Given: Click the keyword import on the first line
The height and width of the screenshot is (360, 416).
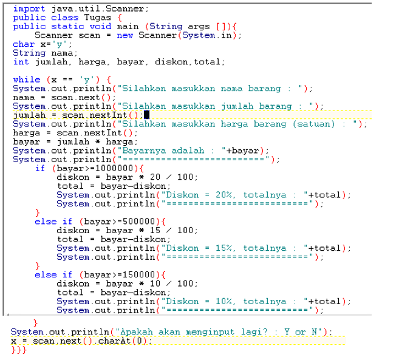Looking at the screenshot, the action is click(x=29, y=8).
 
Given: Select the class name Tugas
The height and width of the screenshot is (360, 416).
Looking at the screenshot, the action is click(x=98, y=18).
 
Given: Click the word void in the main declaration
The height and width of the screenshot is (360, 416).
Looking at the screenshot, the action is click(x=100, y=27).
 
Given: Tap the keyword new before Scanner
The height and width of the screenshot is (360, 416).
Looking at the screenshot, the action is click(x=124, y=36).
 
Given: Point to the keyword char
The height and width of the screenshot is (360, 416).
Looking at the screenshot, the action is click(x=24, y=44).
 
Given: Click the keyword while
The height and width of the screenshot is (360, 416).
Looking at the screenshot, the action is click(x=27, y=80).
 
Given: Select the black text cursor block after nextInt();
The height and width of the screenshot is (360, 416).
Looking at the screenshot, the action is click(x=146, y=115).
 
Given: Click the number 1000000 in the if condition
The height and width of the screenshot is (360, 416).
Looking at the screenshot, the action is click(x=114, y=168).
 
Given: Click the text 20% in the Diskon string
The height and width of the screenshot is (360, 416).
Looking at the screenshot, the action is click(x=224, y=195).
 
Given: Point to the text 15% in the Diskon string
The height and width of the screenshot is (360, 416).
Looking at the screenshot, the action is click(x=224, y=248).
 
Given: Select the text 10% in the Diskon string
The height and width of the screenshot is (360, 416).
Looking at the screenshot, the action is click(x=224, y=301).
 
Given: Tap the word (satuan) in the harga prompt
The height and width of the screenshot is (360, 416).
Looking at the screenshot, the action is click(x=314, y=124).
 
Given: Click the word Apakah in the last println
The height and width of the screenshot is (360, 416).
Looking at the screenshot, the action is click(x=137, y=332).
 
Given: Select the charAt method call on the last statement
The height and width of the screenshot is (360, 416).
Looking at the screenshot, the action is click(x=122, y=341).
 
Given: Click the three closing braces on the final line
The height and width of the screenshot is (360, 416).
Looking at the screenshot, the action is click(x=19, y=350).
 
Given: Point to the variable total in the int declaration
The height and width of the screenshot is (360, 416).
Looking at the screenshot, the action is click(x=207, y=62).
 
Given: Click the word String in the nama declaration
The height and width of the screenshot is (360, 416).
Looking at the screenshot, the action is click(x=29, y=53).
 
